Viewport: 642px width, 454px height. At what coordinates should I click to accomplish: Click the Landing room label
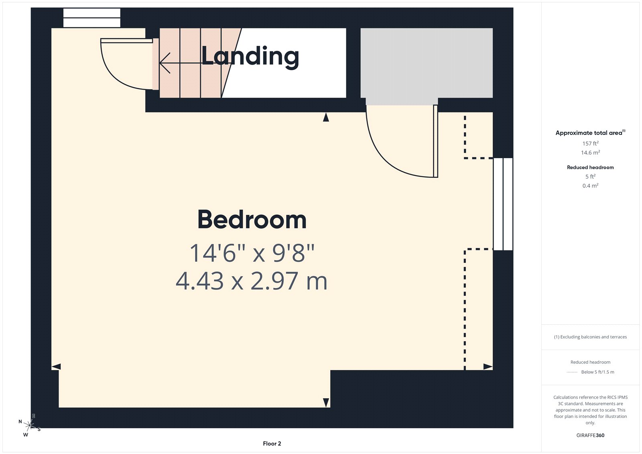[x=250, y=56]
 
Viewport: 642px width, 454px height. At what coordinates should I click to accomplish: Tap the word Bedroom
[x=252, y=220]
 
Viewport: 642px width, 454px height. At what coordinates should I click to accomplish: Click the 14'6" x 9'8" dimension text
[x=252, y=253]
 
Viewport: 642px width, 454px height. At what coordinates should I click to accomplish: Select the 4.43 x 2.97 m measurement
[x=252, y=281]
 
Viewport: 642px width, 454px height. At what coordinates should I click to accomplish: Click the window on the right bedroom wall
[x=503, y=204]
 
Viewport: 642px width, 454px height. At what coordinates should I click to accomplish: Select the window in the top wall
[x=92, y=18]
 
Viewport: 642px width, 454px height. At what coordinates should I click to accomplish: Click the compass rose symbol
[x=29, y=425]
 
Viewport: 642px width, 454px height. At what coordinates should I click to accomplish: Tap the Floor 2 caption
[x=272, y=444]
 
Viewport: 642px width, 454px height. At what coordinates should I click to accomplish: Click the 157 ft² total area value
[x=590, y=143]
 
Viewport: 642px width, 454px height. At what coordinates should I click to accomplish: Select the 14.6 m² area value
[x=590, y=153]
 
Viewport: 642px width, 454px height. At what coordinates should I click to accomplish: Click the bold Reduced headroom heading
[x=590, y=167]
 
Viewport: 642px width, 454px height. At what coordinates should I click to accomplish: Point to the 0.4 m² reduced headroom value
[x=590, y=186]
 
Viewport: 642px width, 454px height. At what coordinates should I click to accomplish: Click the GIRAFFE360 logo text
[x=590, y=435]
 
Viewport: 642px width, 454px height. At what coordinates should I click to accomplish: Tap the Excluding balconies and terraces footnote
[x=590, y=337]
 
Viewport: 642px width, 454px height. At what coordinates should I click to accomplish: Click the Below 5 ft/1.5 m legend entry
[x=597, y=372]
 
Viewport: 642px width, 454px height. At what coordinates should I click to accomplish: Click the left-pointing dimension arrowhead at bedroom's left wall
[x=56, y=366]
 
